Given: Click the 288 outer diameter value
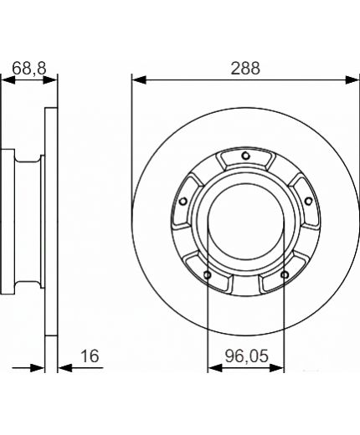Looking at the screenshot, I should click(245, 69).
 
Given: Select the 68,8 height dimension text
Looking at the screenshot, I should click(29, 69).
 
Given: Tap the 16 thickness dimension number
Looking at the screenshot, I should click(91, 356).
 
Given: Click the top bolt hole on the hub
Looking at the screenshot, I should click(245, 156).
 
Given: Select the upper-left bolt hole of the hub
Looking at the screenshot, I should click(183, 200).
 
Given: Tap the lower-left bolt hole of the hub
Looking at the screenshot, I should click(207, 274).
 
